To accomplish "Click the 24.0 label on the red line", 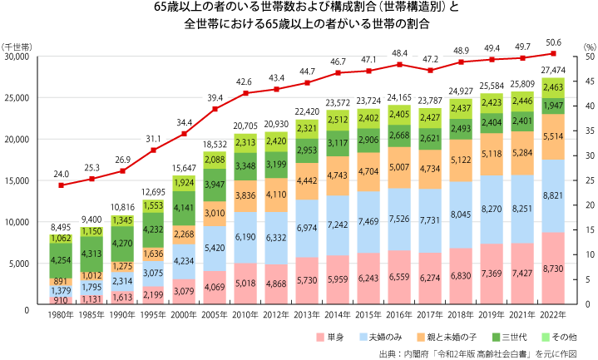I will tap(62, 174).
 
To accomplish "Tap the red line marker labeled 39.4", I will tap(215, 109).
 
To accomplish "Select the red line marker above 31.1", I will tap(154, 150).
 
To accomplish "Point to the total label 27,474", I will tap(553, 70).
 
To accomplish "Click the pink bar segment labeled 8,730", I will tap(553, 269).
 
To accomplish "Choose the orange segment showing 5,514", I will tap(553, 136).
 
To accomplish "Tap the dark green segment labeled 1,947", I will tap(553, 106).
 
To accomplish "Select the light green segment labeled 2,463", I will tap(553, 87).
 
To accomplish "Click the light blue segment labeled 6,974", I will tap(308, 228).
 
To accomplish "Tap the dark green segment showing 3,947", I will tap(215, 185).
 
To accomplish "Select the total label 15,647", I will tap(185, 167).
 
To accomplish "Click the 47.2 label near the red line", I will tap(430, 59).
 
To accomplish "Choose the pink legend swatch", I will tap(320, 337).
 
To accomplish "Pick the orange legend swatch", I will tap(420, 337).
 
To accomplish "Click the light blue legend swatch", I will tap(363, 337).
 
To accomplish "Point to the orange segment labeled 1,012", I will tap(92, 276).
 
